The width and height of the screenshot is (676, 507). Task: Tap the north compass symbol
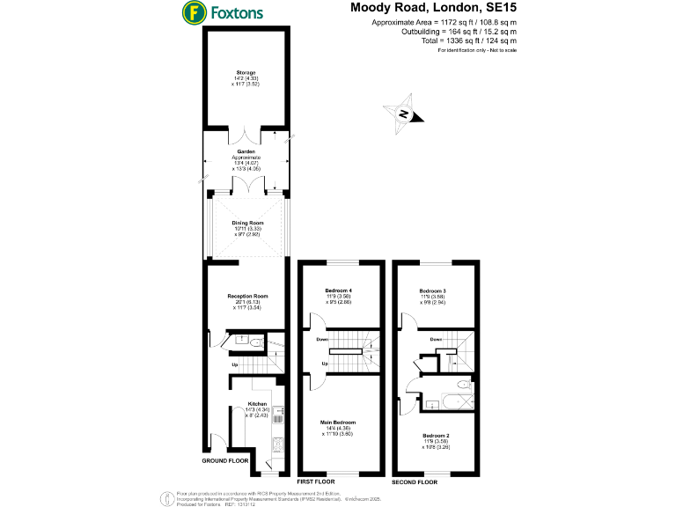(402, 115)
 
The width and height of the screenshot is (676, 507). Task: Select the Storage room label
(245, 72)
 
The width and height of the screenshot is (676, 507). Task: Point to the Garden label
(245, 151)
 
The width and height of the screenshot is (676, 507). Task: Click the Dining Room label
(247, 224)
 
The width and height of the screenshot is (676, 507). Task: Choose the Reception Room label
(247, 296)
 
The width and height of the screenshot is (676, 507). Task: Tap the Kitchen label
(257, 406)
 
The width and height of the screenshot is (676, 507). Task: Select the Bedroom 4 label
(339, 290)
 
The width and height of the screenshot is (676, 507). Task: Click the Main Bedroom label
(339, 422)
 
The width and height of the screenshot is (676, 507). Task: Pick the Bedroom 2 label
(436, 436)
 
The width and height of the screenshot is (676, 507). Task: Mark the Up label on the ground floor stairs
(235, 364)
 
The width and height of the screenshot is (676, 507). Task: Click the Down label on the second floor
(437, 338)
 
